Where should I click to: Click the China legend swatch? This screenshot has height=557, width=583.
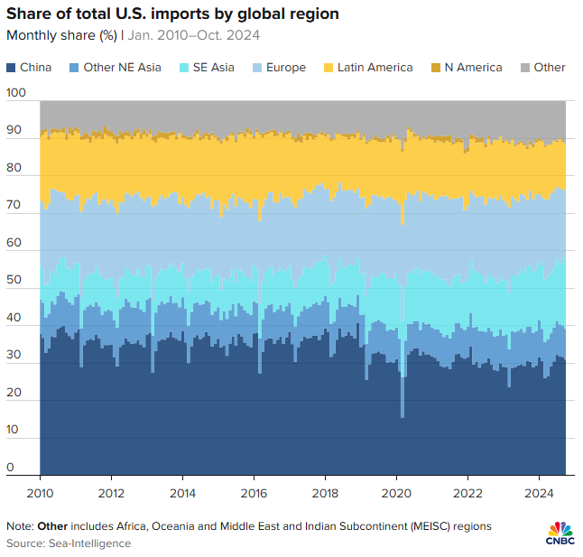(11, 68)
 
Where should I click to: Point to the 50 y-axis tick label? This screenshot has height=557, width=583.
(13, 281)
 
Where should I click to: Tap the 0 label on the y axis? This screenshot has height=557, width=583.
(10, 468)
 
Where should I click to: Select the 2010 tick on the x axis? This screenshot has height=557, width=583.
(41, 493)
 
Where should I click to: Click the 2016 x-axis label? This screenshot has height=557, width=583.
(254, 493)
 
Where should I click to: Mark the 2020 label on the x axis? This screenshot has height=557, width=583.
(396, 493)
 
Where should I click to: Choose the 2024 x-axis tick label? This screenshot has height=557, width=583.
(539, 493)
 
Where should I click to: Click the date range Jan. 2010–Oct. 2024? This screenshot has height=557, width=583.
(189, 36)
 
